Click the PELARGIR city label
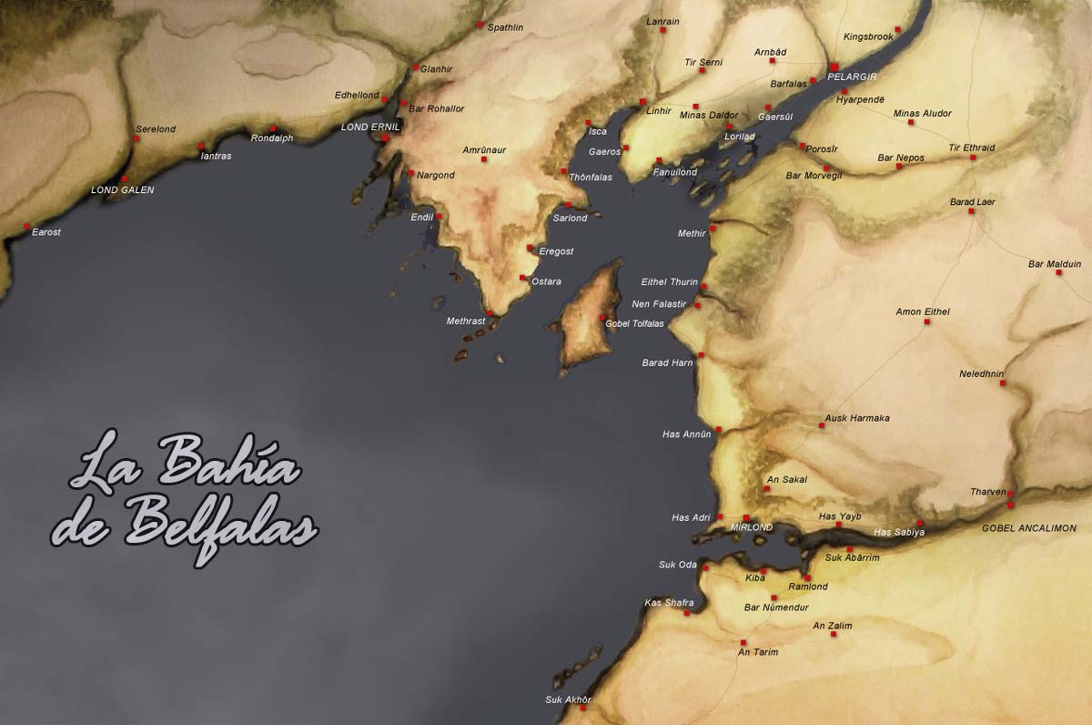[x=852, y=77]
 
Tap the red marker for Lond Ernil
[x=386, y=138]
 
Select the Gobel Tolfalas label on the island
[x=635, y=323]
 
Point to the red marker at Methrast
[x=490, y=313]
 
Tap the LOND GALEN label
[x=123, y=190]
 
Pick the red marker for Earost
[x=26, y=226]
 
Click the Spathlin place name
[x=505, y=27]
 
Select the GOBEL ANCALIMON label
[x=1028, y=528]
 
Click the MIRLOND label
[x=752, y=527]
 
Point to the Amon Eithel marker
[x=926, y=322]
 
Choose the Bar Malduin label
[x=1054, y=264]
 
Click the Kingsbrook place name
[x=868, y=36]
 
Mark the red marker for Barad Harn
[x=701, y=355]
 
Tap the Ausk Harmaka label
[x=856, y=418]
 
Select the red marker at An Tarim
[x=743, y=642]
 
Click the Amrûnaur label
[x=484, y=149]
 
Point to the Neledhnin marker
[x=1003, y=383]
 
